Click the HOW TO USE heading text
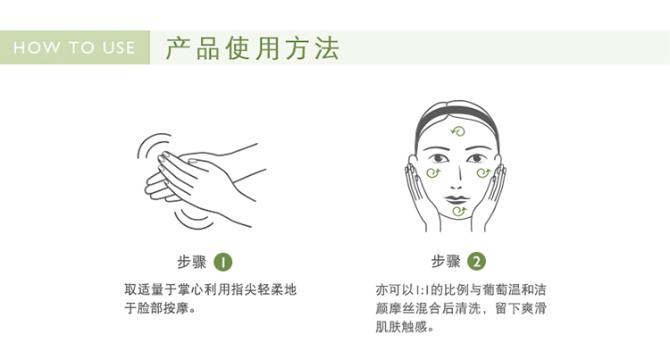tap(74, 47)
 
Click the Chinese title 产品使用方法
tap(253, 48)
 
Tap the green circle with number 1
tap(223, 262)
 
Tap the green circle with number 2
tap(476, 262)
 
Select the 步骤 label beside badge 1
tap(191, 262)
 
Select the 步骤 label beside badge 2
tap(446, 262)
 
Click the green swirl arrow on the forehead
tap(458, 131)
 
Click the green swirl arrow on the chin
tap(459, 211)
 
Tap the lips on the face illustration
tap(456, 199)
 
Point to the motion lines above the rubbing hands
tap(153, 145)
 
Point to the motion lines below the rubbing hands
tap(193, 219)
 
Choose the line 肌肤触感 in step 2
tap(405, 326)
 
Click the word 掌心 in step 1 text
tap(190, 289)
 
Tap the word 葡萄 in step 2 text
tap(496, 290)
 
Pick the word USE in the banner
tap(119, 47)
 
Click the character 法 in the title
tap(328, 48)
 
